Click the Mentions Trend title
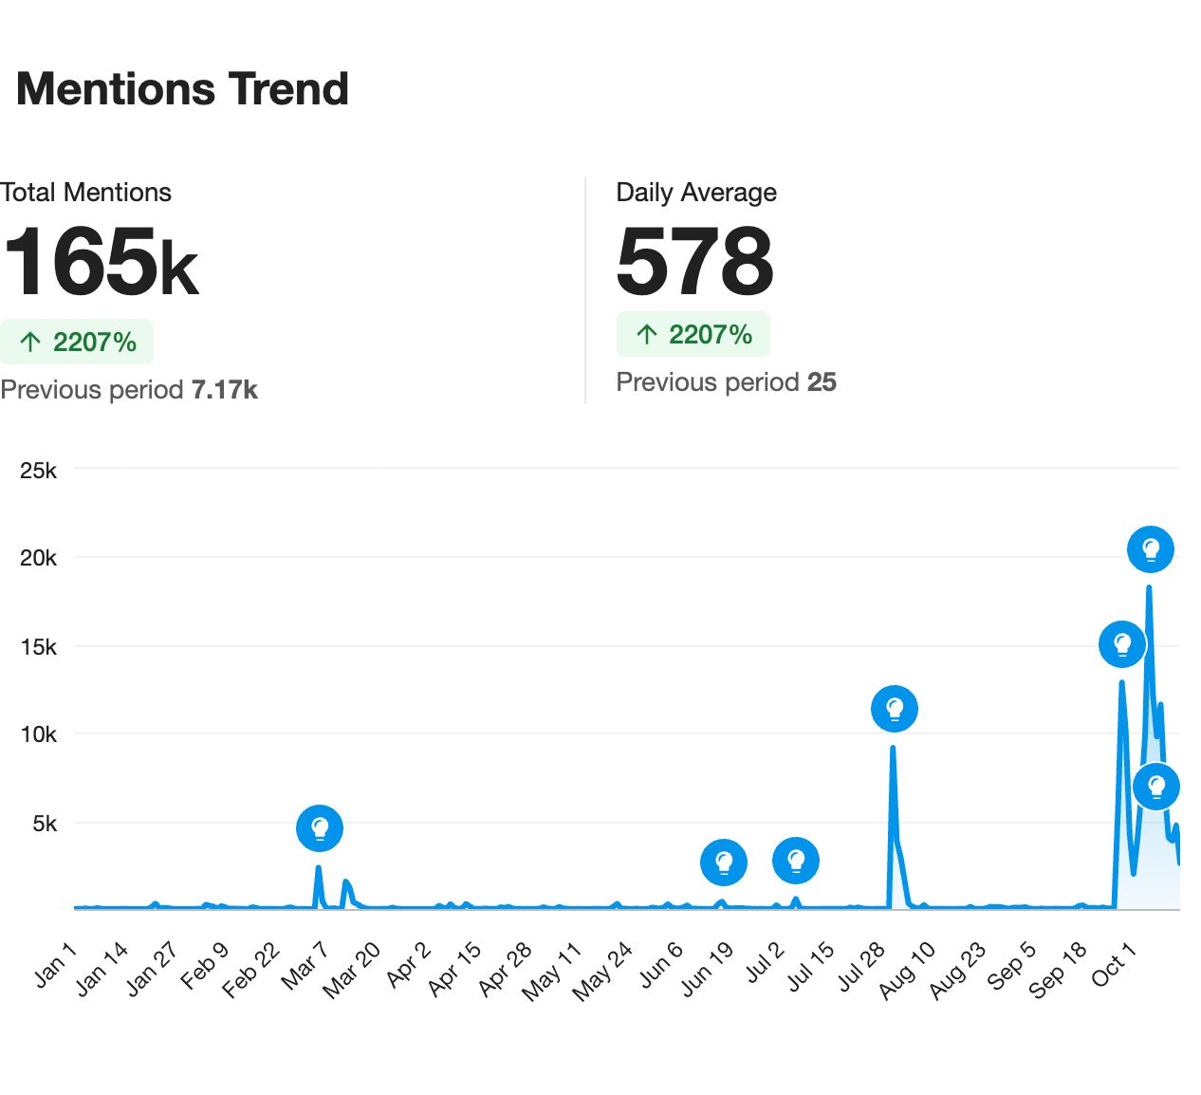coord(182,89)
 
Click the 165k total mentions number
coord(101,261)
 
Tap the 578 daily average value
coord(694,261)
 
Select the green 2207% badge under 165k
coord(77,343)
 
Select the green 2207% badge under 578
coord(693,335)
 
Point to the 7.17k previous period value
coord(225,390)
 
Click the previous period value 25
coord(822,382)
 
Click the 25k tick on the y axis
coord(38,471)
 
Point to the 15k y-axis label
coord(38,647)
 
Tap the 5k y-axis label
coord(44,824)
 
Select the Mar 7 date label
coord(305,965)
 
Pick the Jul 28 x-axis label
coord(861,967)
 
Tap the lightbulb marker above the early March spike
coord(320,828)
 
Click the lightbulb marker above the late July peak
coord(895,709)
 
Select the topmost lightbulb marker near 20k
coord(1151,549)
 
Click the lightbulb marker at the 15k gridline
coord(1122,645)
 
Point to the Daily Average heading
coord(696,193)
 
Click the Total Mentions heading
coord(86,193)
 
